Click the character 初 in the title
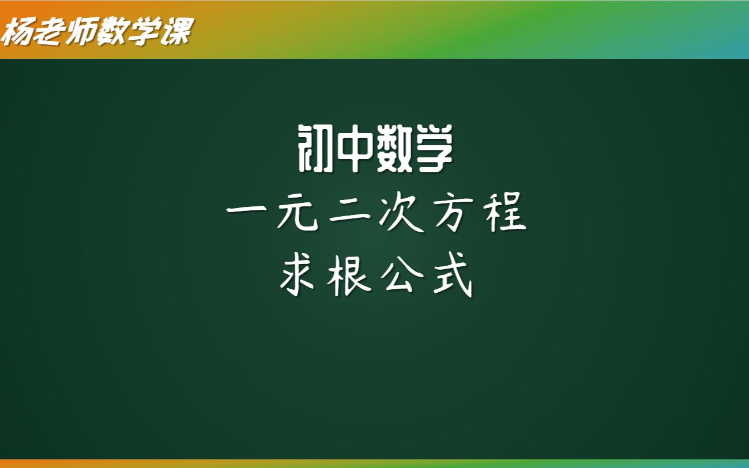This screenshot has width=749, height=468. click(x=315, y=149)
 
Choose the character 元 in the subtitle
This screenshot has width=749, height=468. click(x=296, y=214)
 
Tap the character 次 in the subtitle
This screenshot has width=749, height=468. click(x=402, y=214)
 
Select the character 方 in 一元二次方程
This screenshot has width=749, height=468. click(x=454, y=214)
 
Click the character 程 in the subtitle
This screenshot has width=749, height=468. click(x=506, y=214)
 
